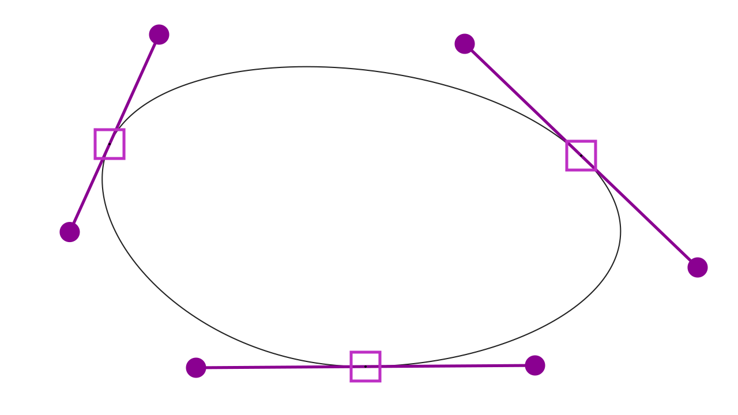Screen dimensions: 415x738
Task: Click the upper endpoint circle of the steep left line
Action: [x=159, y=35]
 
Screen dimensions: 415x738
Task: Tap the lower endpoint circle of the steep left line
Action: [x=70, y=232]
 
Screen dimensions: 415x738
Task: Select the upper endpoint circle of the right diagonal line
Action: [x=465, y=44]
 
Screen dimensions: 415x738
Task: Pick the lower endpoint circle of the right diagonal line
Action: [x=698, y=267]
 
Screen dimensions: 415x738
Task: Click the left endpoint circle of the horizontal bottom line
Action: [x=196, y=368]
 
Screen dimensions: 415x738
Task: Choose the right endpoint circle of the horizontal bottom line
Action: [x=535, y=365]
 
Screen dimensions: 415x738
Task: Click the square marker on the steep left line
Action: [x=110, y=144]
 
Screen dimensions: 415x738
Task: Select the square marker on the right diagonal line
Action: [x=581, y=156]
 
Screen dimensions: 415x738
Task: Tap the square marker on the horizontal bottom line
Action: [x=366, y=367]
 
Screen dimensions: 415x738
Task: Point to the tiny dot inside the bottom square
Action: [x=366, y=367]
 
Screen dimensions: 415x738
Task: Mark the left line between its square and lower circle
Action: [x=88, y=193]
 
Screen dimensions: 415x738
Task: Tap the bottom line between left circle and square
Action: [x=271, y=367]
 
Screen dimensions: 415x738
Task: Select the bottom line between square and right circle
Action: [x=455, y=366]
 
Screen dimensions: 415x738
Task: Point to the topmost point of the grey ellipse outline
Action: [x=308, y=67]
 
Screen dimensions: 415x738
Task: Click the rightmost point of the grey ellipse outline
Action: [x=620, y=231]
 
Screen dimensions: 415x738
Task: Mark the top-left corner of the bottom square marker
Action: [x=351, y=352]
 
